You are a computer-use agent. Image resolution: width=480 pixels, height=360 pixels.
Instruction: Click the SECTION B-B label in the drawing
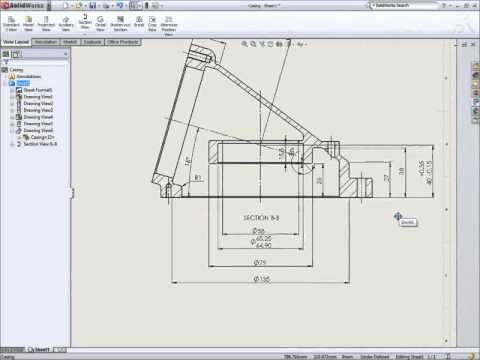pos(262,216)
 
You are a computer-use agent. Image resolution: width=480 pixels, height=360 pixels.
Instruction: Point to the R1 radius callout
pos(199,178)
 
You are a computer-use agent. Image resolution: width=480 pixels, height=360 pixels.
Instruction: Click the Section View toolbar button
pos(84,21)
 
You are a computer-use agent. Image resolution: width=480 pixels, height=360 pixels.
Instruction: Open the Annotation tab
pos(46,42)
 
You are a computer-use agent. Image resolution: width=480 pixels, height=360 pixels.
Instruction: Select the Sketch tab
pos(70,42)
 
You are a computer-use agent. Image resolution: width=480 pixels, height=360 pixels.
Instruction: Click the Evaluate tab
pos(91,42)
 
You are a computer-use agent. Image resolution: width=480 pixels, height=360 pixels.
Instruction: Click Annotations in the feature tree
pos(27,76)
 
